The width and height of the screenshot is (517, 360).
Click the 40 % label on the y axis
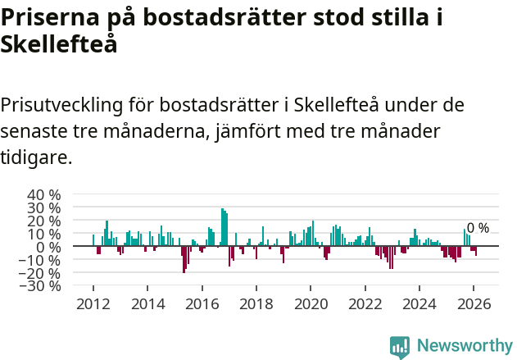pyautogui.click(x=44, y=195)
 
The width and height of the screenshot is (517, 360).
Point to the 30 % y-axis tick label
pyautogui.click(x=44, y=208)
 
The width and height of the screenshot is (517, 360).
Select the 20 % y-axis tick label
pyautogui.click(x=44, y=221)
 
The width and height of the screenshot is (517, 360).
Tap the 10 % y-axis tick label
pyautogui.click(x=44, y=235)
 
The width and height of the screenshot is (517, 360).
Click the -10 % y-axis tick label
pyautogui.click(x=42, y=260)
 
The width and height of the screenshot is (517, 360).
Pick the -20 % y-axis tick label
pyautogui.click(x=42, y=273)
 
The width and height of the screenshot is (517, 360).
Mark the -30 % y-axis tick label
pyautogui.click(x=42, y=286)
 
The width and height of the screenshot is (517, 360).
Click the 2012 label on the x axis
pyautogui.click(x=93, y=303)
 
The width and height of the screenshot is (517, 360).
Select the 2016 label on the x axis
pyautogui.click(x=202, y=303)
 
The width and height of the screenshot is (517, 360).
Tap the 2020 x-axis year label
pyautogui.click(x=311, y=303)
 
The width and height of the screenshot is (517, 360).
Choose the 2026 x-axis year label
pyautogui.click(x=474, y=303)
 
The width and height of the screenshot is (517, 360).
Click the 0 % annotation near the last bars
pyautogui.click(x=478, y=228)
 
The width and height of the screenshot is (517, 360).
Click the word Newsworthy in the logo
pyautogui.click(x=464, y=346)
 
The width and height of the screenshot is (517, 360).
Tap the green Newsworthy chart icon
pyautogui.click(x=400, y=347)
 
